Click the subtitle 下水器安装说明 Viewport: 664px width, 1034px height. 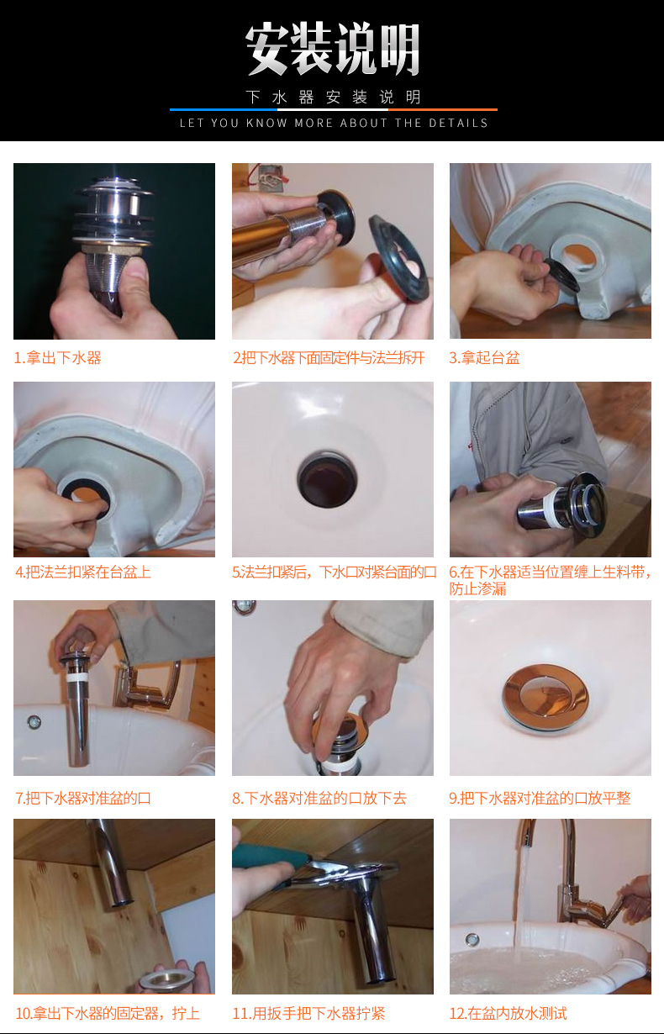click(333, 98)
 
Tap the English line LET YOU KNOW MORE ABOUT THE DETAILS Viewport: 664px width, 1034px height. click(334, 123)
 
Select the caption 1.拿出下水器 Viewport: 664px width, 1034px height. click(57, 358)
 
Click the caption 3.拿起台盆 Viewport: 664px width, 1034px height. click(485, 358)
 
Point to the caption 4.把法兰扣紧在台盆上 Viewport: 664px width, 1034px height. click(83, 572)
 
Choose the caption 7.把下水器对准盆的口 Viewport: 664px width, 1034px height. click(82, 798)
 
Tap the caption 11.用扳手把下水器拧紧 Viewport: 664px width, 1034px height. click(308, 1013)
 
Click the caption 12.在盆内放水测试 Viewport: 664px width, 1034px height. click(508, 1013)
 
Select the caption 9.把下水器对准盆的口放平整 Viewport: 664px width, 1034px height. click(540, 798)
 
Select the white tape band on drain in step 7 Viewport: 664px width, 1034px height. click(79, 673)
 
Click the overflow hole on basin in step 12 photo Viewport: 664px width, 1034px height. click(472, 939)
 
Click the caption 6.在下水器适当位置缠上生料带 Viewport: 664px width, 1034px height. click(550, 580)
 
